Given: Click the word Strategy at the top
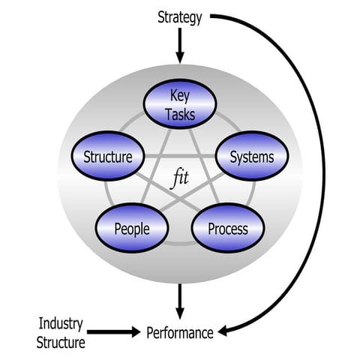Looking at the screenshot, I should pos(179,16).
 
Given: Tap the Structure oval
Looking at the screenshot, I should pos(107,157).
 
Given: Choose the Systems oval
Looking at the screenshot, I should pos(251,157).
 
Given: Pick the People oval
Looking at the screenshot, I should pos(131,228).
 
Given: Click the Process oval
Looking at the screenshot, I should pos(227,228).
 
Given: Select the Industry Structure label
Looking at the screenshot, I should pos(61,334).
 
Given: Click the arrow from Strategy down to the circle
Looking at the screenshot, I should pos(179,45).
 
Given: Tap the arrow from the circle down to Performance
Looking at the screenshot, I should pos(179,301).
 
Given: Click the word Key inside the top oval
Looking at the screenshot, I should pos(179,96).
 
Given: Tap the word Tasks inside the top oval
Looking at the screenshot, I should pos(179,112).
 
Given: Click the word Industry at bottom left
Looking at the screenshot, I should pos(61,325).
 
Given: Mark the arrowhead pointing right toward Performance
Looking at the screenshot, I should pos(136,331).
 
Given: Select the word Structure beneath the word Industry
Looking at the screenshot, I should pos(61,343).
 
